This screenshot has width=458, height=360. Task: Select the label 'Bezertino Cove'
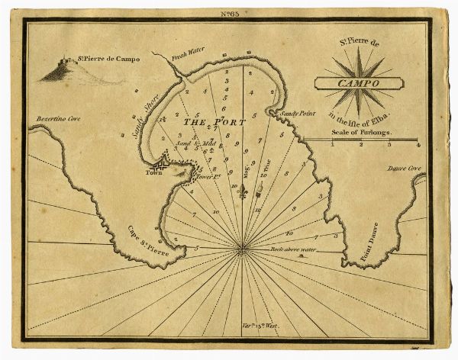(59, 120)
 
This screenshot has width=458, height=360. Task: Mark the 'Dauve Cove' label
(404, 168)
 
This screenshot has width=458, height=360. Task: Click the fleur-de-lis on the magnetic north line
(243, 194)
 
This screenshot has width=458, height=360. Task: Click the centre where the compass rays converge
(242, 246)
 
